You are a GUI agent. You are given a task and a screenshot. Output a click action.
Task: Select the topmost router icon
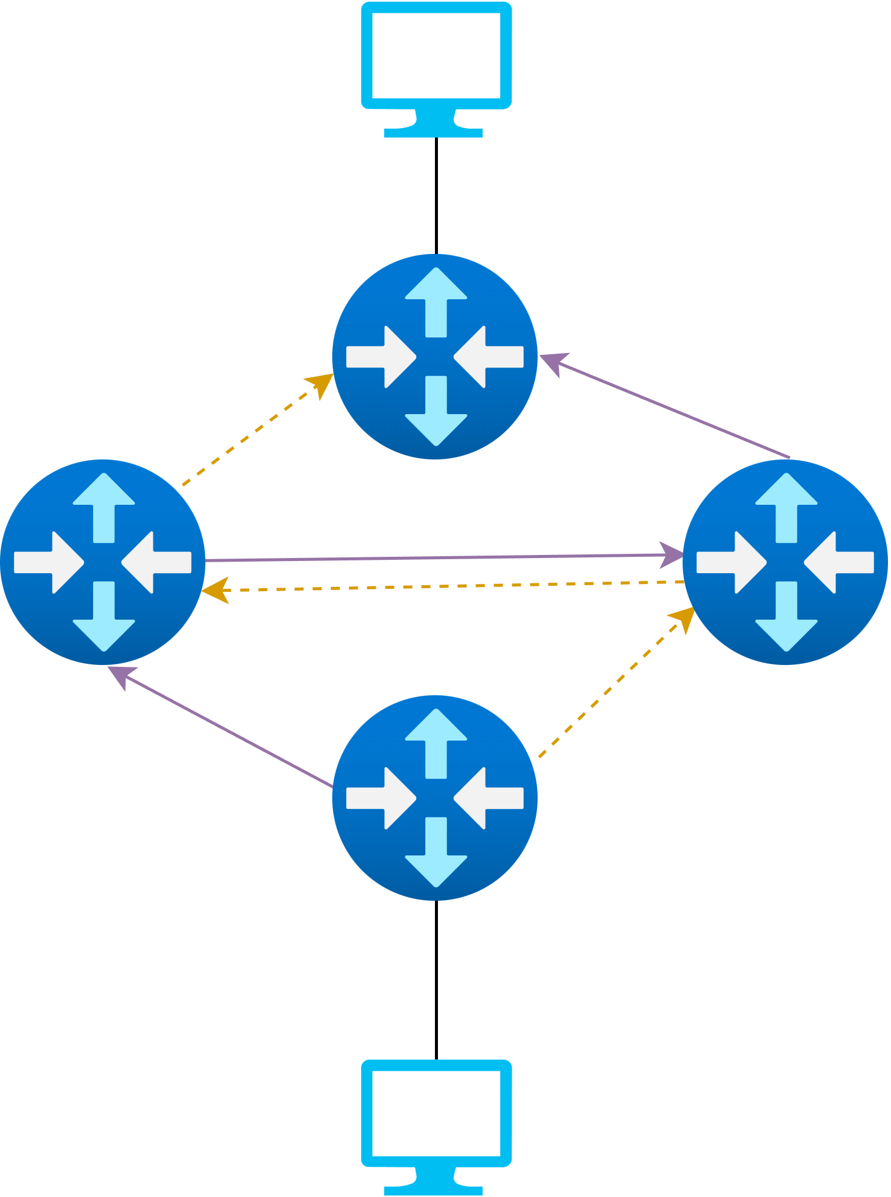pos(435,357)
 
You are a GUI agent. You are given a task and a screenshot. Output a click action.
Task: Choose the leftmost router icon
pos(103,562)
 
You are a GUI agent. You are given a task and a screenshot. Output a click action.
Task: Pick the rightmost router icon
pos(785,562)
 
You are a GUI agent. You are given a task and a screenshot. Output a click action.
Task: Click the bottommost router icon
pos(435,798)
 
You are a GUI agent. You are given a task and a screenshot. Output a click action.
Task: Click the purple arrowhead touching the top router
pos(552,363)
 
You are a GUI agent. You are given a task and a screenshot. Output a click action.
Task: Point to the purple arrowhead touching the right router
pos(671,554)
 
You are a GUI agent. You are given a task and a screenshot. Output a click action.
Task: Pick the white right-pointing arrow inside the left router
pos(48,562)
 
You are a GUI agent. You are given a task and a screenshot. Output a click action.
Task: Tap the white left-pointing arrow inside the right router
pos(840,562)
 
